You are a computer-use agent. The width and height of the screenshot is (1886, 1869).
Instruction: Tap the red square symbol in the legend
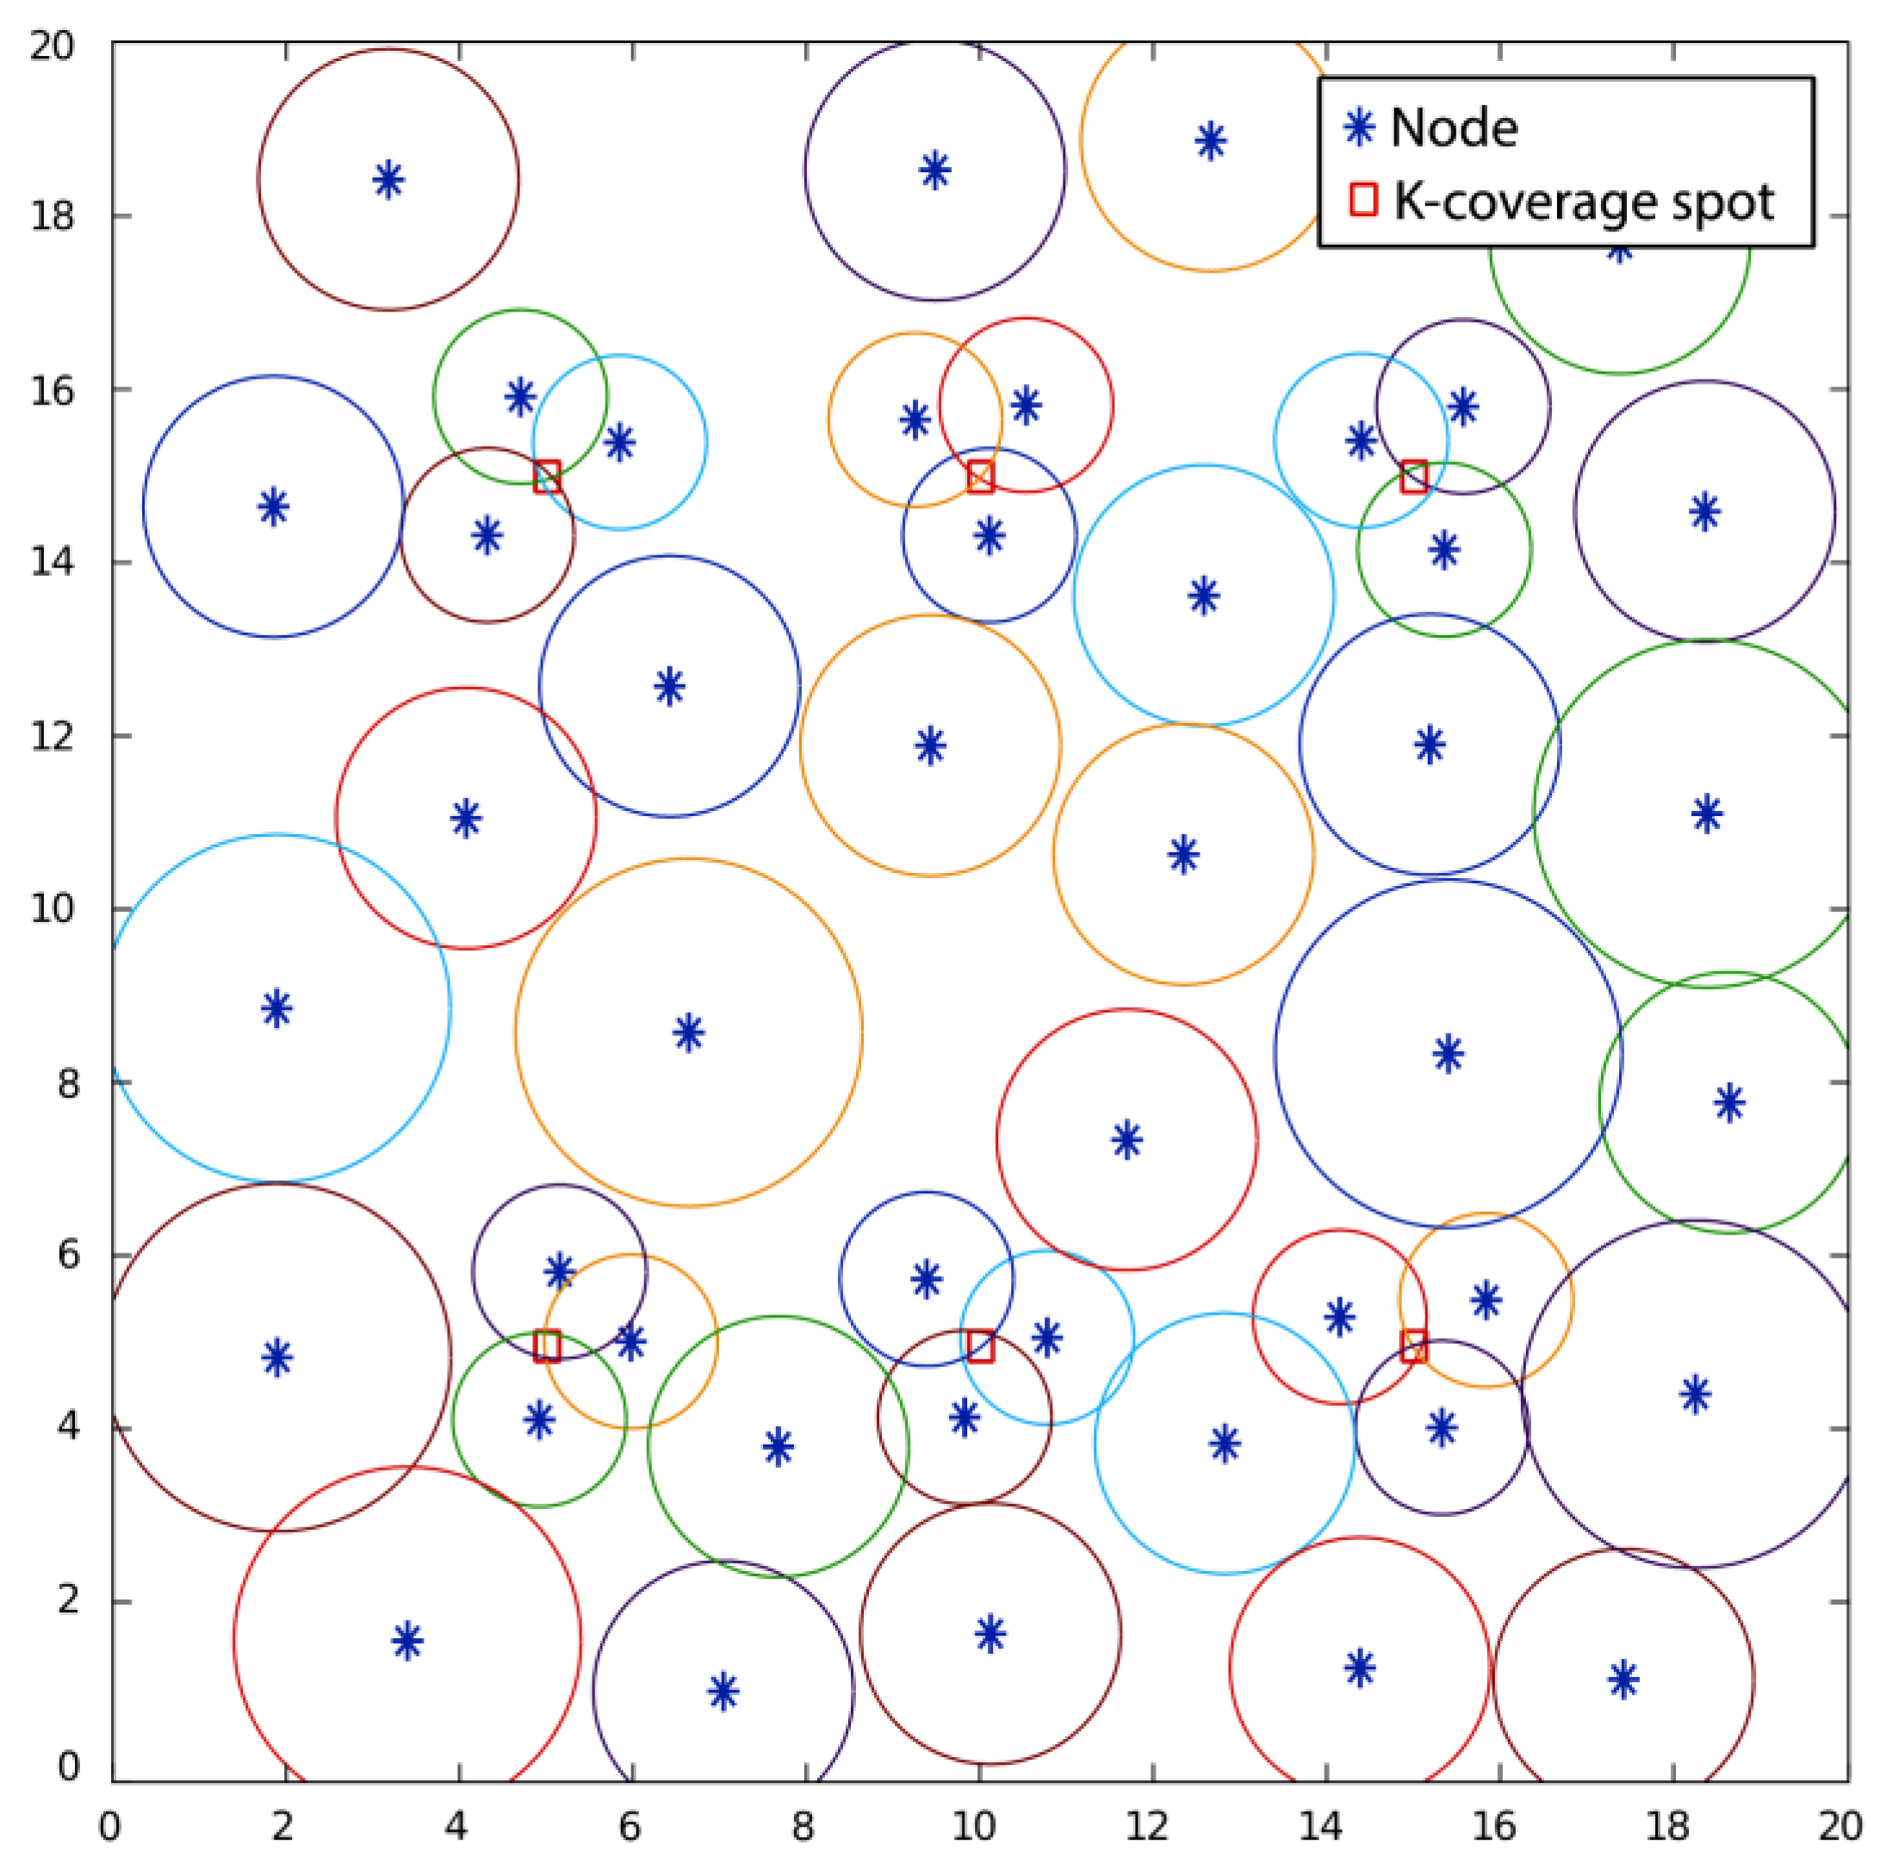click(1362, 199)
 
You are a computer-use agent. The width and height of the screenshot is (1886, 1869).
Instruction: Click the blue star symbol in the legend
click(1359, 127)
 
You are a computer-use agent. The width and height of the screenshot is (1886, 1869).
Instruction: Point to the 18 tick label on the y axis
click(53, 216)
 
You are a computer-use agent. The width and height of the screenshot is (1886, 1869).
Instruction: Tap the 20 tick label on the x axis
click(1839, 1825)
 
